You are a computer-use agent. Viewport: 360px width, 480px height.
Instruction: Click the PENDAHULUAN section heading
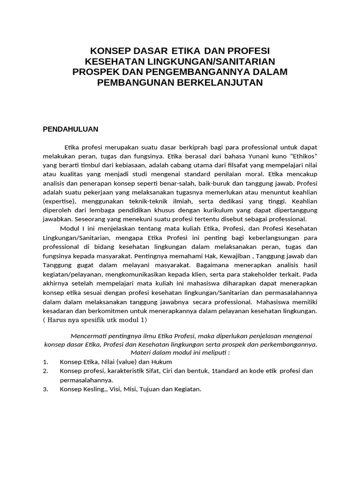click(71, 128)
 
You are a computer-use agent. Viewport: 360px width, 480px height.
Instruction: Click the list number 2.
click(45, 371)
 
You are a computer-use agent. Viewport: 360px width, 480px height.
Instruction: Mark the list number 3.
click(45, 389)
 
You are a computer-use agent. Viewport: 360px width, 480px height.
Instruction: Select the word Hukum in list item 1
click(162, 362)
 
